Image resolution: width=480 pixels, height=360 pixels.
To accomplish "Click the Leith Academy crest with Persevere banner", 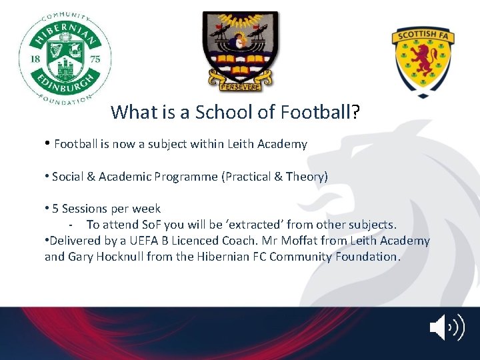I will point(240,51).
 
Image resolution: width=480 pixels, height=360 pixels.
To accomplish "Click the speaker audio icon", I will point(446,328).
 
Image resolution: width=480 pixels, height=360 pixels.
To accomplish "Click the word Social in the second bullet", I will point(68,176).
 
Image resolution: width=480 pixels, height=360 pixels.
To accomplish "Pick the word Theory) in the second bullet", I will point(307,176).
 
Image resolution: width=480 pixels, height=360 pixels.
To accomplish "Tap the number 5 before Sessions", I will point(55,209).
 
